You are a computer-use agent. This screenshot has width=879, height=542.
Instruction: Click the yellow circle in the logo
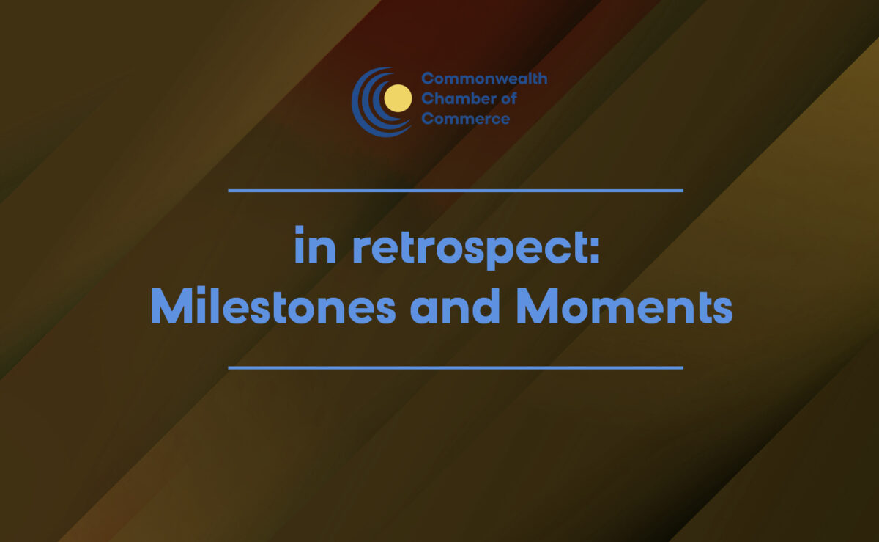[398, 98]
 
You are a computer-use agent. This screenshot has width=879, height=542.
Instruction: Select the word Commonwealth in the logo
[483, 79]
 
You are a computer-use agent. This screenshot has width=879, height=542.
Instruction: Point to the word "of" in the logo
[508, 99]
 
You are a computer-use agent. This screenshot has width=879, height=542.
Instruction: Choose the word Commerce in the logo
[465, 119]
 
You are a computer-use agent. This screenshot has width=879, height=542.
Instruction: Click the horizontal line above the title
[456, 191]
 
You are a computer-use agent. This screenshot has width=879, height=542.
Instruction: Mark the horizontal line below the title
[456, 367]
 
